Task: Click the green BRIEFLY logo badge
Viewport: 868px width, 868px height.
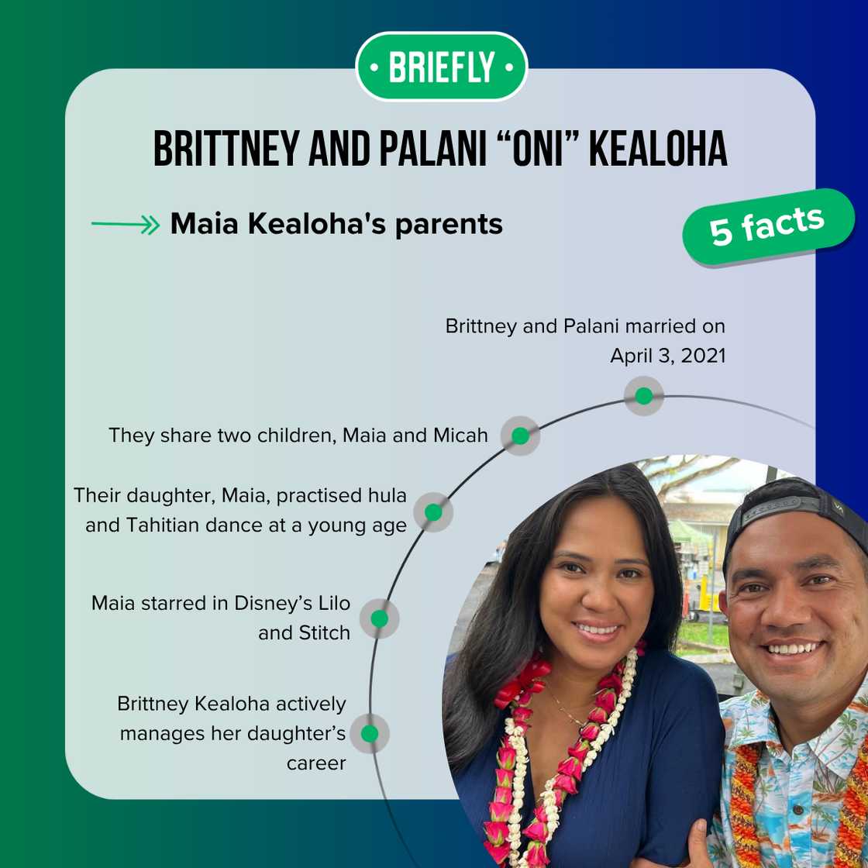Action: (441, 67)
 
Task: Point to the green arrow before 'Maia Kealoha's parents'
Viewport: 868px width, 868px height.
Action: (125, 226)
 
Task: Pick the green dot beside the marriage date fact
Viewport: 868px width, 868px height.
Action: (643, 396)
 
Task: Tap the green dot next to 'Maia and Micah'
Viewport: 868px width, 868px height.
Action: (520, 436)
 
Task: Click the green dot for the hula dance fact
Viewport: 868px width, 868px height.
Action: (433, 512)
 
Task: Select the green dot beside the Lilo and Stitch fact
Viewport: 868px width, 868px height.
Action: (379, 618)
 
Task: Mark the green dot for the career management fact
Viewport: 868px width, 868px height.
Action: (370, 733)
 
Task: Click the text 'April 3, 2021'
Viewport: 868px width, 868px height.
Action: (667, 356)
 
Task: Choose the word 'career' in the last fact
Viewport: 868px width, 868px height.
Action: (316, 763)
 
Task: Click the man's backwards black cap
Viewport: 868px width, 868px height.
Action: (798, 511)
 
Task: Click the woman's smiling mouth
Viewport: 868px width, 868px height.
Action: (598, 629)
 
